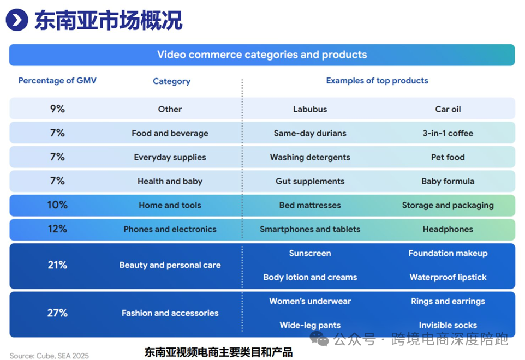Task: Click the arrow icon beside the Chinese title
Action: click(x=17, y=20)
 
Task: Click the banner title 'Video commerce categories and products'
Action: click(x=262, y=55)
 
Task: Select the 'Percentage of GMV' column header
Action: click(x=57, y=81)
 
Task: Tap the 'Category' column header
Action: click(x=171, y=81)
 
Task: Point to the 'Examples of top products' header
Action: click(x=377, y=81)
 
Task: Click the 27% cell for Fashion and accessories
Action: click(x=57, y=313)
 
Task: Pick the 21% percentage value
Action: click(x=57, y=265)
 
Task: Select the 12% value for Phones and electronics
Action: click(x=57, y=229)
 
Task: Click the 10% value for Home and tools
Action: click(x=57, y=205)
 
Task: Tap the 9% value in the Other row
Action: click(x=57, y=109)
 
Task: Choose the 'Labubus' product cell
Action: click(x=310, y=109)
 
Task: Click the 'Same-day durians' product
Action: click(x=310, y=133)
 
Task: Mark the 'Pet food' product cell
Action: click(x=448, y=157)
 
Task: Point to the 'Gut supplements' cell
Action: click(x=310, y=181)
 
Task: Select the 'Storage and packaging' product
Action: click(x=448, y=205)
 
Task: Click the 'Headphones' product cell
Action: click(x=448, y=229)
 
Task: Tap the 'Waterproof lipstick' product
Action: click(x=448, y=277)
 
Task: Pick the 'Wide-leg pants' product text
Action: click(x=310, y=325)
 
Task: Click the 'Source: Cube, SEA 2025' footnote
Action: click(x=49, y=356)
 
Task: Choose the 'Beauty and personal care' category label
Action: click(x=170, y=265)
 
